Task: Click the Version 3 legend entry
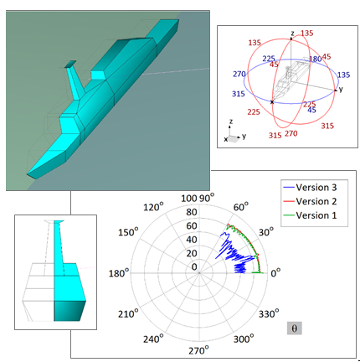coord(310,188)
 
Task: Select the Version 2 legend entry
coord(310,201)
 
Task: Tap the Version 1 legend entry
coord(310,215)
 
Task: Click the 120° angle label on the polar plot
coord(153,207)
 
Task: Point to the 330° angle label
coord(269,313)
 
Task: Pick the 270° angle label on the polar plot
coord(198,350)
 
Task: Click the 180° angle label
coord(119,273)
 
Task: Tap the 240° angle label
coord(153,339)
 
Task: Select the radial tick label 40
coord(192,240)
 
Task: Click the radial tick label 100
coord(189,199)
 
